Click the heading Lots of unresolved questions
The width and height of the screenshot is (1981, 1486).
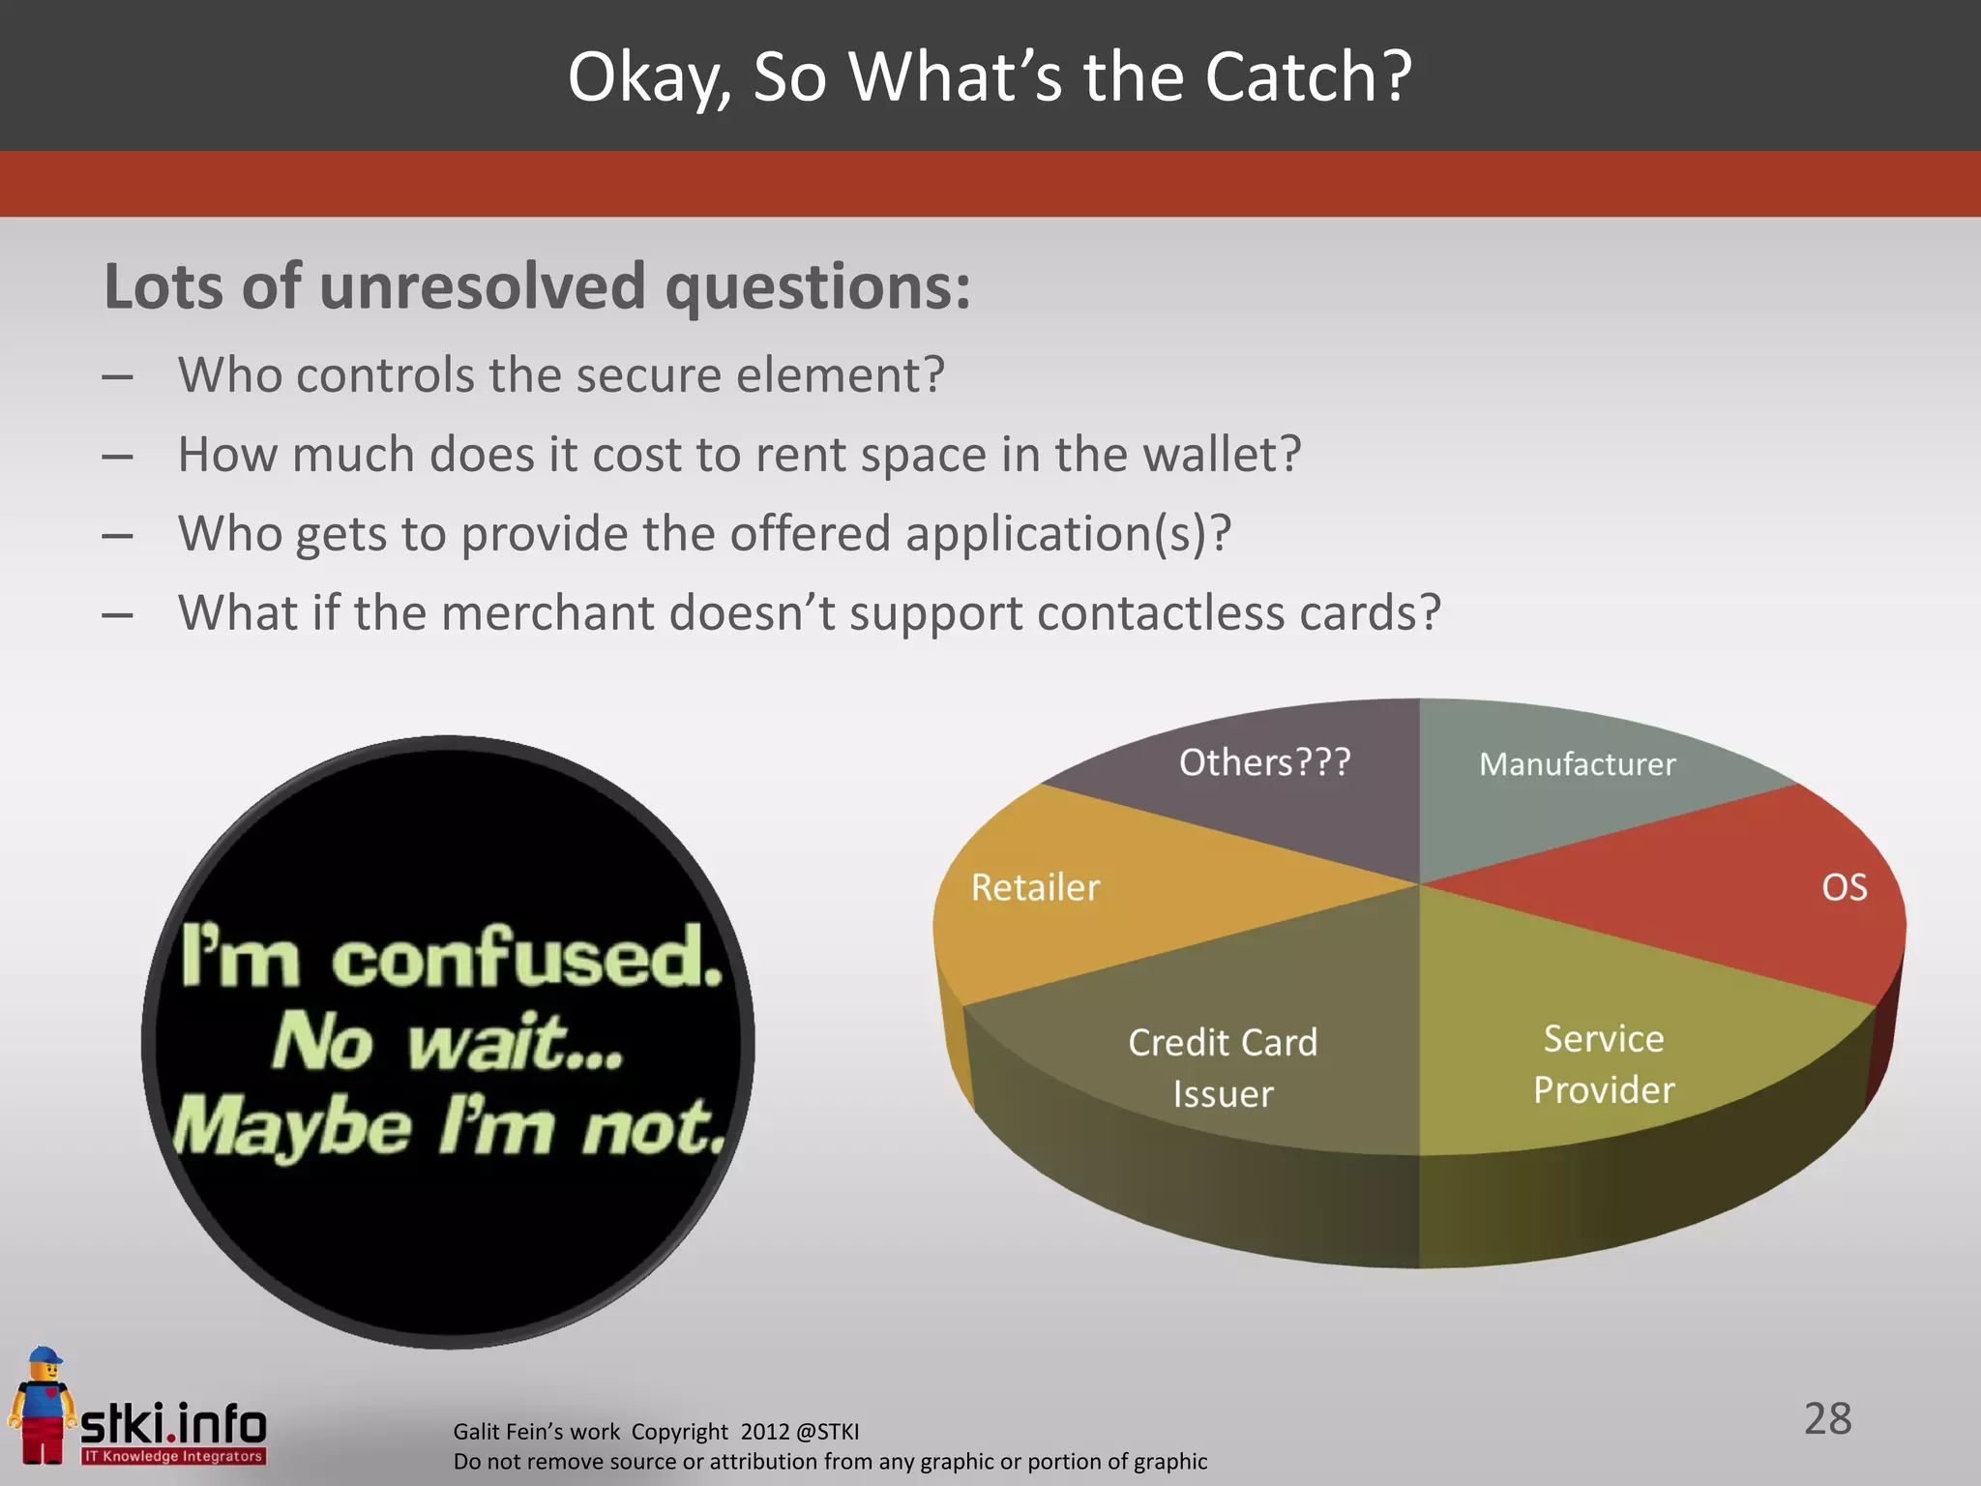click(537, 287)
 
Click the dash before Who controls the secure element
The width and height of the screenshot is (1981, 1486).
click(117, 377)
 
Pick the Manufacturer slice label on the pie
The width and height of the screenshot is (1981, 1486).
click(1577, 764)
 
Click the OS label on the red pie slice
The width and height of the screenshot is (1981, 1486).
click(1844, 888)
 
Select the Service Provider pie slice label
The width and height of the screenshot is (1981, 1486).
click(1604, 1064)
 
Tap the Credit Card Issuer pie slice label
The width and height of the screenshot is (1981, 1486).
click(1223, 1068)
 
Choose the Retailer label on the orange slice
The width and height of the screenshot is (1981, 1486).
click(1035, 888)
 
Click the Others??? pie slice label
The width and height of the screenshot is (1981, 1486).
click(1264, 762)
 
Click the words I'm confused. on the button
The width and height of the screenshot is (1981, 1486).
click(452, 958)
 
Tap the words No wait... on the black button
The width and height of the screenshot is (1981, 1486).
click(448, 1043)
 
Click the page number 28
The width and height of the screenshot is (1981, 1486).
click(1827, 1419)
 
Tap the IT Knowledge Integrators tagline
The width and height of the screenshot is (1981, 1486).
click(172, 1456)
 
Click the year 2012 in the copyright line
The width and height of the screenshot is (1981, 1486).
click(765, 1432)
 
